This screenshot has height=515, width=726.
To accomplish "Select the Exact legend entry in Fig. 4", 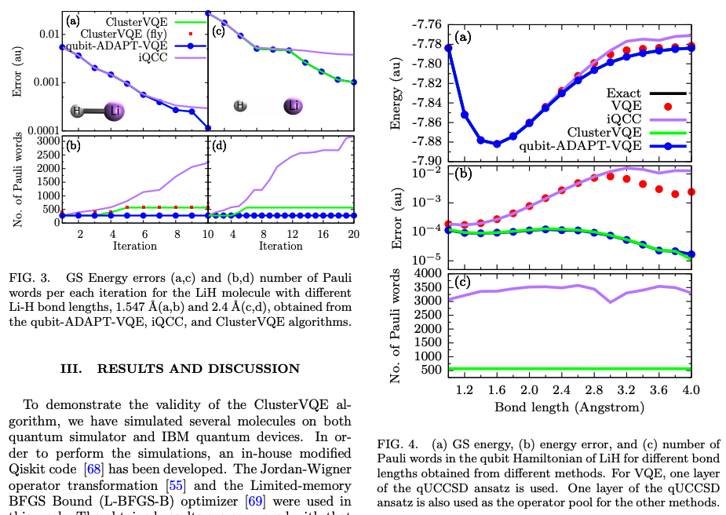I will click(x=623, y=93).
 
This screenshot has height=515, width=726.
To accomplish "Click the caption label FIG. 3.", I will click(x=30, y=278).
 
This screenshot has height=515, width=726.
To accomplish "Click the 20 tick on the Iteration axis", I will click(x=353, y=233).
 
